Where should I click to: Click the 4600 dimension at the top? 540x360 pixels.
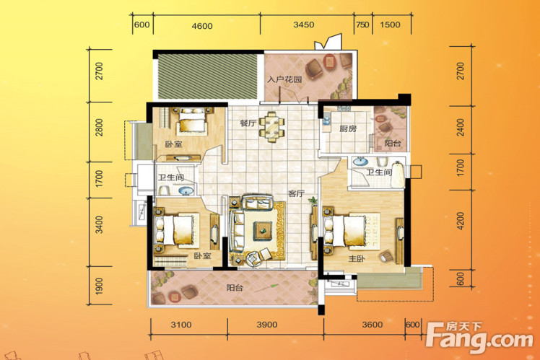point(202,26)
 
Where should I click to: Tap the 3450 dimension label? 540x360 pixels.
point(304,25)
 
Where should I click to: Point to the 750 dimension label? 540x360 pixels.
point(362,25)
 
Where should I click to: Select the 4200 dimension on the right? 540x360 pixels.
point(461,221)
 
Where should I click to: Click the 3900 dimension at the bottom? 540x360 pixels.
point(267,325)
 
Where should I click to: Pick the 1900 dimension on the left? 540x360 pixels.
point(99,286)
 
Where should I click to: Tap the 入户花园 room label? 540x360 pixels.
point(285,79)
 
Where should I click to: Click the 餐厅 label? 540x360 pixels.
point(248,123)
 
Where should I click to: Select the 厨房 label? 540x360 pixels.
point(348,128)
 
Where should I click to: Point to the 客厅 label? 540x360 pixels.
point(296,193)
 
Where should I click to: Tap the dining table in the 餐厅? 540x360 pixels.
point(272,127)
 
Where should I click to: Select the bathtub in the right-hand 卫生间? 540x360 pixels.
point(398,175)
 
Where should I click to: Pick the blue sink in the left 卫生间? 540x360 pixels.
point(186,190)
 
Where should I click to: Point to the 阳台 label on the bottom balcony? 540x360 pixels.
point(235,287)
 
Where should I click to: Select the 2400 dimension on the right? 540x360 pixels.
point(461,128)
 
